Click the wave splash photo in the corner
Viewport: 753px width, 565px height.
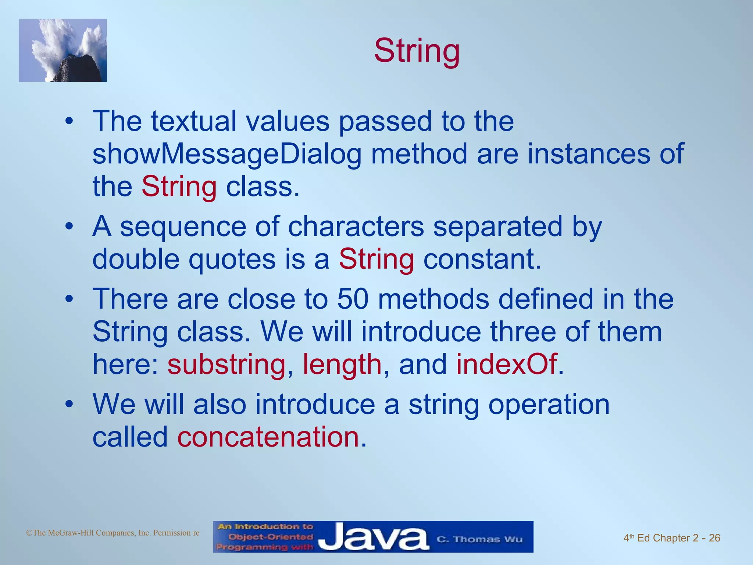point(63,50)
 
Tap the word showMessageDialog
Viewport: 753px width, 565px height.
point(227,154)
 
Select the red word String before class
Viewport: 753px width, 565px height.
point(179,187)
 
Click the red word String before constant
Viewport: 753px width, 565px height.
point(376,259)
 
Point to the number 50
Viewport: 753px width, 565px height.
point(353,298)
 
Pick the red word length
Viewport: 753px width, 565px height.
point(342,364)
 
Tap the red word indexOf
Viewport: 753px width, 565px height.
point(506,364)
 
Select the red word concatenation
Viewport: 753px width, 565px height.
point(268,437)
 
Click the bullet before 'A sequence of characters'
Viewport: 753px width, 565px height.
point(69,227)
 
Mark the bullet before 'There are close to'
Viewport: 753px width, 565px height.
point(69,299)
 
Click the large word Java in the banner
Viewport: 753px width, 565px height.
point(373,537)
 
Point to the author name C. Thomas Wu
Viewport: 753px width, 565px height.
point(479,539)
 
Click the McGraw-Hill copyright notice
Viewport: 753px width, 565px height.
point(113,533)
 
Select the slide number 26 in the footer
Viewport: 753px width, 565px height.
point(714,538)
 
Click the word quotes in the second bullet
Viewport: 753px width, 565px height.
point(232,259)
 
